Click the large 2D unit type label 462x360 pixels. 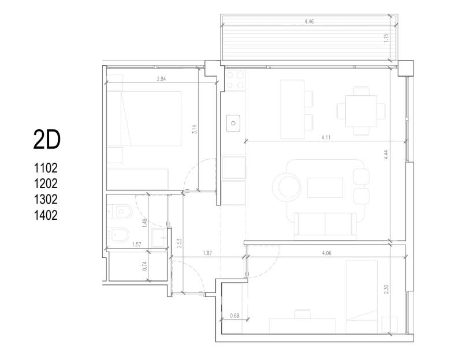click(x=47, y=140)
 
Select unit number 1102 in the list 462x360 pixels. click(x=46, y=168)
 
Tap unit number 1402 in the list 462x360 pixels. click(x=46, y=215)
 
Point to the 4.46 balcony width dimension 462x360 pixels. click(x=309, y=21)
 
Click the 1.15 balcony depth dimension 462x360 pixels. click(x=386, y=38)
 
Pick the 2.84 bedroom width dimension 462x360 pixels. click(x=161, y=78)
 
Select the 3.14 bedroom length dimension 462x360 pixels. click(x=194, y=129)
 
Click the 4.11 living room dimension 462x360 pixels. click(x=326, y=137)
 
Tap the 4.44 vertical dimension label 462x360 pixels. click(x=386, y=155)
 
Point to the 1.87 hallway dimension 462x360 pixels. click(x=207, y=253)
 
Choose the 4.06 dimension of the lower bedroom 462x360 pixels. click(x=327, y=253)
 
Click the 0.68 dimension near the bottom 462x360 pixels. click(x=234, y=316)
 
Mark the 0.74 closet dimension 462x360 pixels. click(x=144, y=267)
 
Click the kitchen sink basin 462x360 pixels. click(x=233, y=123)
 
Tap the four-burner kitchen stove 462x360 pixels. click(x=235, y=80)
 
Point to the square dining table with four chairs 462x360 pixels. click(x=362, y=111)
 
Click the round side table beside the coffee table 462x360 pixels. click(x=286, y=187)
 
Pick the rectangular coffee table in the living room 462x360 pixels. click(x=325, y=187)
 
